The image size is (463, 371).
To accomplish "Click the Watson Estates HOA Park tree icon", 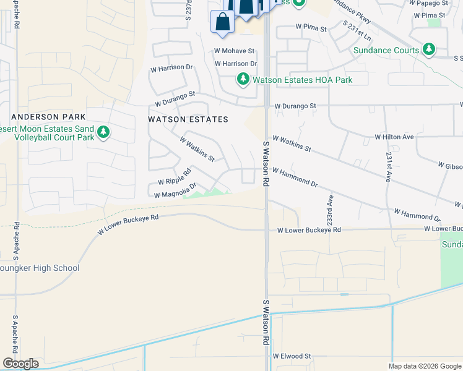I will point(243,79).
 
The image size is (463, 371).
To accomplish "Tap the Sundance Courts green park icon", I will point(428,49).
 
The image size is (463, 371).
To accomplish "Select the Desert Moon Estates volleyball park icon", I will point(103,132).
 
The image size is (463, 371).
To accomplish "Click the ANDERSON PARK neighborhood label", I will point(43,117).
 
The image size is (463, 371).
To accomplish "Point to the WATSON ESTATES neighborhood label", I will point(188,119).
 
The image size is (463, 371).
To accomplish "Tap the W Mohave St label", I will point(235,51).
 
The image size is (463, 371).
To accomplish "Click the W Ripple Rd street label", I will point(175,180).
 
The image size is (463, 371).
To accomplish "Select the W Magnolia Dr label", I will point(175,190).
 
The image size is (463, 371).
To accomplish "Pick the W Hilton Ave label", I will point(394,137).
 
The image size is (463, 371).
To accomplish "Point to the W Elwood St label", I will point(291,356).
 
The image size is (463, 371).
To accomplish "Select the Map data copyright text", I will point(425,366).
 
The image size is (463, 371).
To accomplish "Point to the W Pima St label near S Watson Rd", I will point(311,27).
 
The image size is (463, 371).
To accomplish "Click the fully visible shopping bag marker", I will point(222,22).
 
